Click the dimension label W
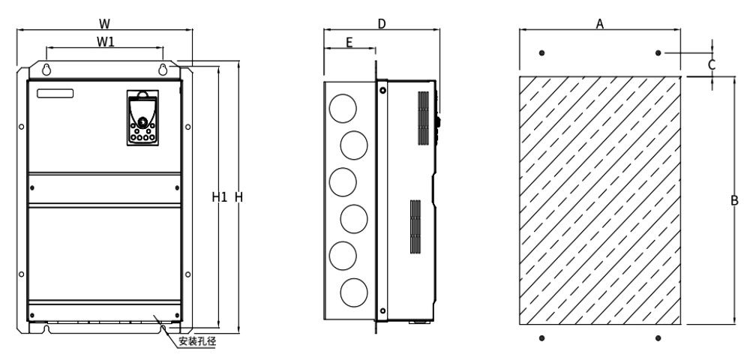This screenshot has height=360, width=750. (x=105, y=23)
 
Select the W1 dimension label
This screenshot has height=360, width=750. (x=106, y=41)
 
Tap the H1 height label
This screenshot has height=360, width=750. (x=220, y=196)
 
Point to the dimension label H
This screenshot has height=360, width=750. (x=238, y=196)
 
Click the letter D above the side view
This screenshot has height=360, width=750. (x=382, y=23)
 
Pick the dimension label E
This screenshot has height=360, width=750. (x=349, y=43)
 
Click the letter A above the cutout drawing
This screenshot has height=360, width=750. (x=600, y=23)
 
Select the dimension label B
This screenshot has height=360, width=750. (x=734, y=201)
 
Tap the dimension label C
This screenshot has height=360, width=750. (x=712, y=64)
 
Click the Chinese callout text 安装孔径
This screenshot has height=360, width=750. (x=197, y=341)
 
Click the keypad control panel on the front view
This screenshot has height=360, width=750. (x=142, y=118)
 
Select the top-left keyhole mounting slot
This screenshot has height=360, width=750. (x=46, y=69)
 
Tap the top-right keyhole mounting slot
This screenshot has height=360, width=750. (x=163, y=69)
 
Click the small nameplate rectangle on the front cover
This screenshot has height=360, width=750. (x=55, y=93)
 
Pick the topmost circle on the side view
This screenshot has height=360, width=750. (x=343, y=109)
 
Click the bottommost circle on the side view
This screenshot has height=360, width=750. (x=354, y=292)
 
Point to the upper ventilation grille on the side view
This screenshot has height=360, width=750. (x=423, y=118)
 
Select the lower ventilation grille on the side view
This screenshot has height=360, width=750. (x=415, y=226)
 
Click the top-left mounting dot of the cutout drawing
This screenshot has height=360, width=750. (x=541, y=52)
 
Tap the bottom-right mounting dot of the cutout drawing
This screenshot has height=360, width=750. (x=658, y=338)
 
